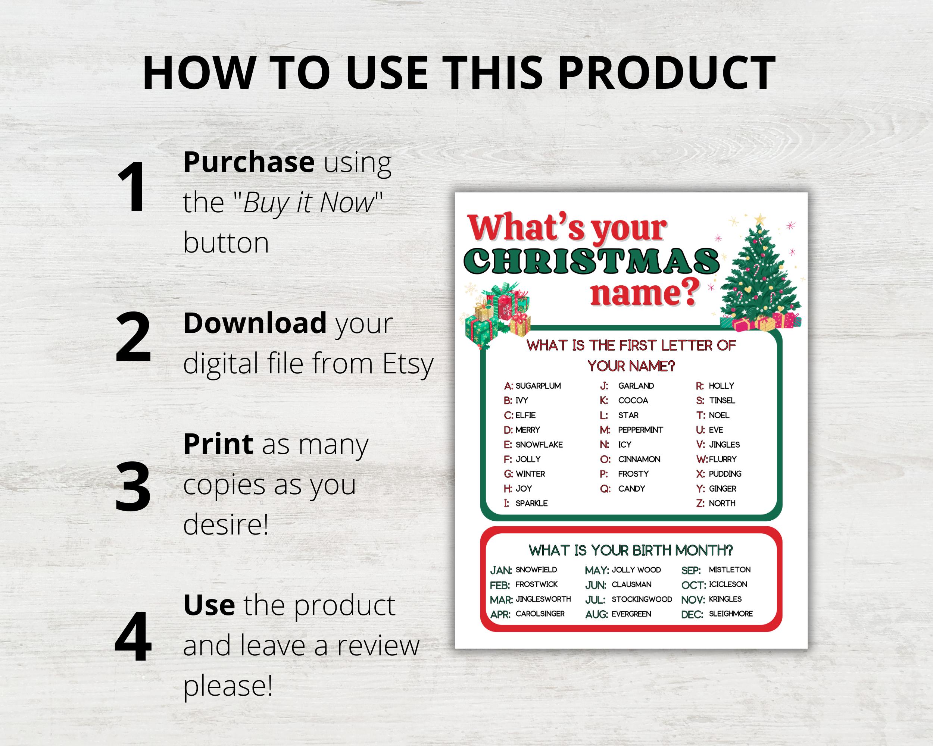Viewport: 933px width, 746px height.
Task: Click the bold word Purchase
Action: pos(249,162)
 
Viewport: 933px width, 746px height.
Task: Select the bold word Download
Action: pos(255,323)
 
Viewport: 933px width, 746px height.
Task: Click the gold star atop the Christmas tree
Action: pos(759,219)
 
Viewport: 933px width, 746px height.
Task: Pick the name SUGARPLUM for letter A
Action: pos(538,386)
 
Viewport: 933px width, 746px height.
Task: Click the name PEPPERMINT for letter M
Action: pos(640,430)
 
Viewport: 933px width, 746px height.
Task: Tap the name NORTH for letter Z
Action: pos(722,504)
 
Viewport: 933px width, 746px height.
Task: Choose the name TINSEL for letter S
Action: pos(722,401)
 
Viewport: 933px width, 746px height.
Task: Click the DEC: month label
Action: pos(692,615)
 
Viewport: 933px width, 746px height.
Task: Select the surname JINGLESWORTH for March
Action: pos(543,599)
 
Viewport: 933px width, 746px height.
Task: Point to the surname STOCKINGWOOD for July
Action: pos(641,599)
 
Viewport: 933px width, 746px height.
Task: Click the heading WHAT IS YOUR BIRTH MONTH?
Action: pos(630,551)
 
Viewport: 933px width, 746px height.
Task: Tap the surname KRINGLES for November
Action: pos(725,599)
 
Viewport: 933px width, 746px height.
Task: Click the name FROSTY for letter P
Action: pos(633,474)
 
